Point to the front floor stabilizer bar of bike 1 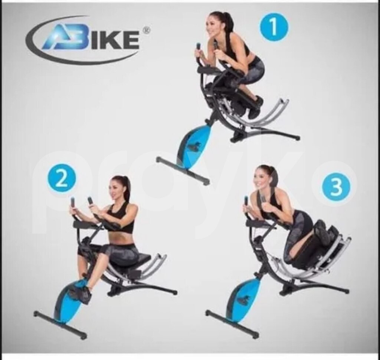(183, 171)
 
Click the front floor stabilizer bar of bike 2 (60, 325)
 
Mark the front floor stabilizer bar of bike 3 (232, 324)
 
